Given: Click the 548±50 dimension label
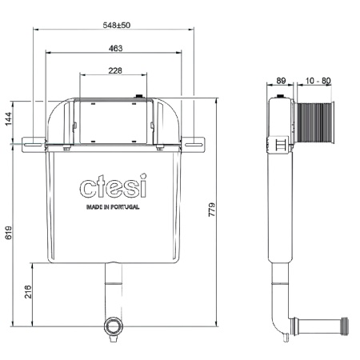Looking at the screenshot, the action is pyautogui.click(x=117, y=25).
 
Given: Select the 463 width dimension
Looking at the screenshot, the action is pyautogui.click(x=115, y=48).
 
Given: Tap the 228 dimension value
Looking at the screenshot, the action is pyautogui.click(x=115, y=70).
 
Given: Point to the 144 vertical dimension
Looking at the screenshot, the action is pyautogui.click(x=9, y=118).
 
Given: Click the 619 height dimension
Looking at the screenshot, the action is pyautogui.click(x=9, y=233).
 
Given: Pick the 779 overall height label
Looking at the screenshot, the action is pyautogui.click(x=211, y=210).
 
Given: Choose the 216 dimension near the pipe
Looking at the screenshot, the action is pyautogui.click(x=28, y=292).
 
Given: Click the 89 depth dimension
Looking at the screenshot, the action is pyautogui.click(x=281, y=81).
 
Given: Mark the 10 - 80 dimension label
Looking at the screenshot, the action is pyautogui.click(x=318, y=81).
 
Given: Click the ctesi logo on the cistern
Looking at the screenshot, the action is pyautogui.click(x=114, y=186).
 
